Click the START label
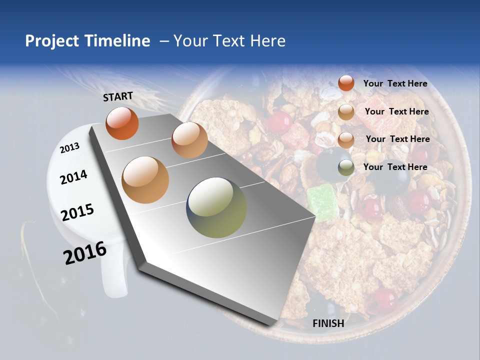pos(118,96)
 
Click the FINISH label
pos(328,323)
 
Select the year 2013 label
pos(69,147)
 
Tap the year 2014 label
pos(73,177)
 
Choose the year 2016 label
pos(84,253)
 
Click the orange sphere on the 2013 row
pos(122,123)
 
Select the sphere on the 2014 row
pos(189,140)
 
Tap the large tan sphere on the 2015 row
pos(145,180)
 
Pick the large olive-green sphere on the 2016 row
pos(216,207)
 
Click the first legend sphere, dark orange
pos(346,83)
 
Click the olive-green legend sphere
pos(346,167)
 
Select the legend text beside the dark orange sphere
pos(395,84)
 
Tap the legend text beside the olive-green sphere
pos(395,167)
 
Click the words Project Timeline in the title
pos(87,41)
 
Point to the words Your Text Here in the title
pos(229,41)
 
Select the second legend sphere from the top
pos(346,112)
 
